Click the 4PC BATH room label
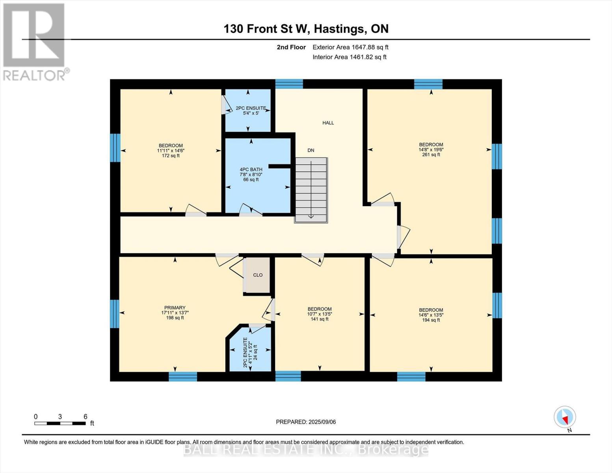[251, 169]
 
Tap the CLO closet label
[258, 275]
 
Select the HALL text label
[328, 123]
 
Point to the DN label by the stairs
[311, 150]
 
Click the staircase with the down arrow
[311, 189]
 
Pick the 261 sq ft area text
[431, 155]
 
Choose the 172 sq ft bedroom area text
[171, 156]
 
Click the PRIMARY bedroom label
[175, 308]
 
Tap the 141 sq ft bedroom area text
[319, 319]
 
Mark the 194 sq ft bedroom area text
[431, 320]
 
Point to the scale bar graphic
[60, 423]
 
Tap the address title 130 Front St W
[306, 29]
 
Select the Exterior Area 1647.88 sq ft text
[350, 47]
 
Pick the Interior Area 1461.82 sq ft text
[349, 57]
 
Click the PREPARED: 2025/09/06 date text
[306, 422]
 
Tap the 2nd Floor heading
[291, 47]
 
